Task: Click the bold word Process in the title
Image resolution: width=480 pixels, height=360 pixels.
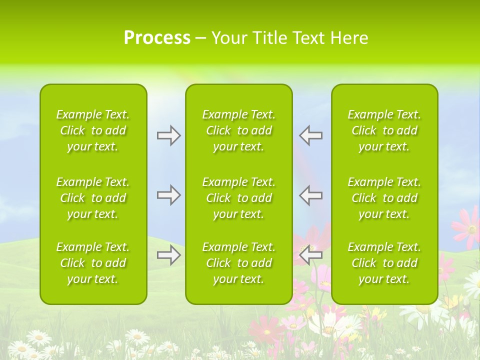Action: coord(157,38)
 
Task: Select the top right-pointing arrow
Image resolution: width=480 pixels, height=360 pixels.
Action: coord(169,135)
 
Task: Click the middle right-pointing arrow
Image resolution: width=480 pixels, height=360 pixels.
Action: coord(169,195)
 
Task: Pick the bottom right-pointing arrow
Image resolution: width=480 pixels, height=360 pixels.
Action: coord(169,255)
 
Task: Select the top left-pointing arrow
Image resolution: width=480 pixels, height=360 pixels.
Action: coord(310,135)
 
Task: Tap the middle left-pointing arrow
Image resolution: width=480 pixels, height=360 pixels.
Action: coord(310,195)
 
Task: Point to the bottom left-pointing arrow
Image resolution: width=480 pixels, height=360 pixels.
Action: coord(310,255)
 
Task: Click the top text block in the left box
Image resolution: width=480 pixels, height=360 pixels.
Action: coord(93,130)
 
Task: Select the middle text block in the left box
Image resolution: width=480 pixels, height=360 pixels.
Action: coord(93,198)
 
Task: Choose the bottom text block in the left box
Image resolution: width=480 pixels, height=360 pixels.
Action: coord(93,263)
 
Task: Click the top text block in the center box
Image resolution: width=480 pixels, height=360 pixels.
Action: coord(238,130)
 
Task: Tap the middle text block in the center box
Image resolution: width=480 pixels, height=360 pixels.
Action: coord(238,198)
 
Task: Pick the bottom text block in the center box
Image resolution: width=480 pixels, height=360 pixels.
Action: coord(238,263)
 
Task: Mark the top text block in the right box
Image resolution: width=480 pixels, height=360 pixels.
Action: coord(384,130)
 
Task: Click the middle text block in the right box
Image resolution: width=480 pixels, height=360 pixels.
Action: coord(384,198)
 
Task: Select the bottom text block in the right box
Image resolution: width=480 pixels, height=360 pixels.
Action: coord(384,263)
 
